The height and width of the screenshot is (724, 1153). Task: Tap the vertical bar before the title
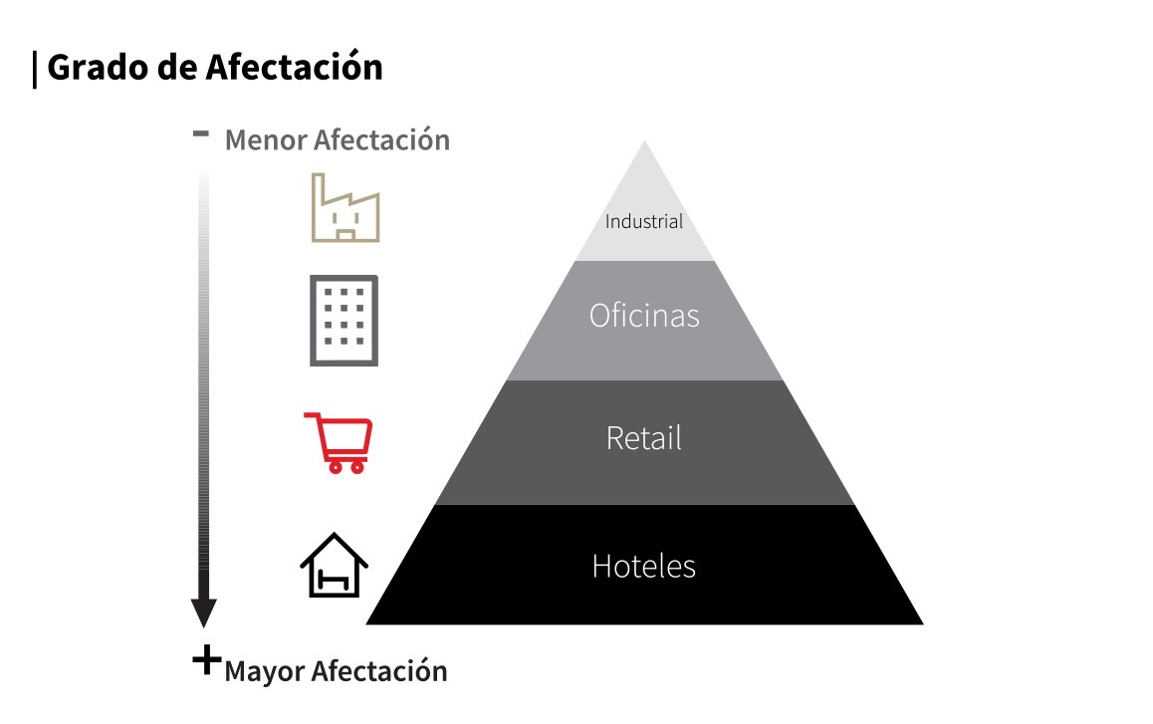tap(35, 70)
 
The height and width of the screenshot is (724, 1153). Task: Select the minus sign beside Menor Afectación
tap(201, 133)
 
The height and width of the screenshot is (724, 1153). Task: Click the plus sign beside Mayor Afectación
tap(207, 659)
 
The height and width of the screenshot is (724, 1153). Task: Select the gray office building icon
tap(345, 321)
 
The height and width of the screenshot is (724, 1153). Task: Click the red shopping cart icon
tap(339, 442)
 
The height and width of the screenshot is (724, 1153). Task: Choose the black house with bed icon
tap(334, 565)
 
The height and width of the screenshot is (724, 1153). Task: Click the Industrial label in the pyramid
tap(644, 221)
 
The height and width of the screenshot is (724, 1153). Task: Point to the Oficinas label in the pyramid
tap(644, 316)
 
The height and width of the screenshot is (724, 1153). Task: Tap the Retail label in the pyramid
tap(644, 438)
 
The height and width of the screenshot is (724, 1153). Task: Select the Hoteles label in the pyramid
tap(644, 567)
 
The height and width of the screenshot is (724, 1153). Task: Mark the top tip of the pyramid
tap(645, 140)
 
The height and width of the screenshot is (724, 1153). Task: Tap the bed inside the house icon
tap(333, 581)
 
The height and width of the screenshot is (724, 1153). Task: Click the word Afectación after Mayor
tap(379, 671)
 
